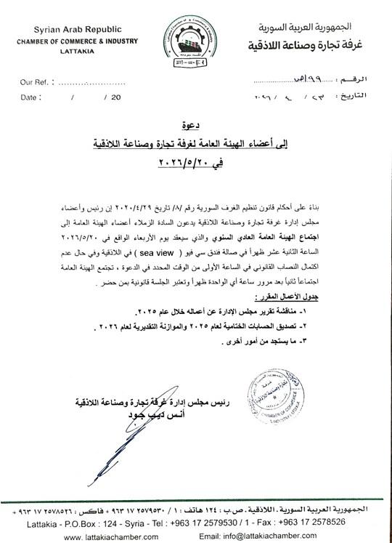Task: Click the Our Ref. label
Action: (x=35, y=81)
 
